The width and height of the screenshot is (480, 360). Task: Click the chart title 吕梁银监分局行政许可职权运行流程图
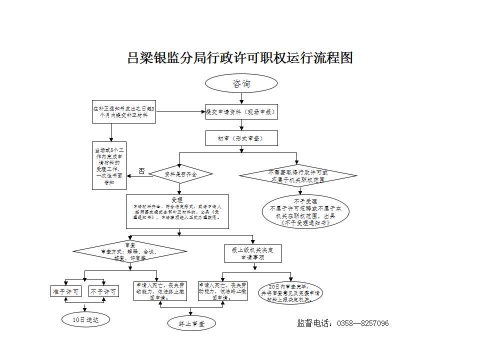240,58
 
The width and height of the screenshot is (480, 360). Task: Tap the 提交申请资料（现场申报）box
241,112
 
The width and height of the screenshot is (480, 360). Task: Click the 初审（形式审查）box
241,137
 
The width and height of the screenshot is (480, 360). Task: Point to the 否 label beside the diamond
142,171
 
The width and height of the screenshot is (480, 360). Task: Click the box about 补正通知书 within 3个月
123,111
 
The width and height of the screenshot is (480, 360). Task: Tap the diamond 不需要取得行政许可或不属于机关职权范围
298,175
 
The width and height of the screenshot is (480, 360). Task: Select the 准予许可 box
66,291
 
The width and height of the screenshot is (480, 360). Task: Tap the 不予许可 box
103,291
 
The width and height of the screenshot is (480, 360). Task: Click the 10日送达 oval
85,318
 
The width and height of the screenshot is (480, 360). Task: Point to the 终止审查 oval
191,323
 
